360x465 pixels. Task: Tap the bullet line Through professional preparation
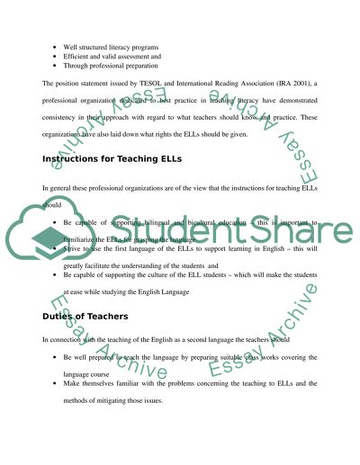click(111, 66)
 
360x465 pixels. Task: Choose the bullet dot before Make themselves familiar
click(54, 383)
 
